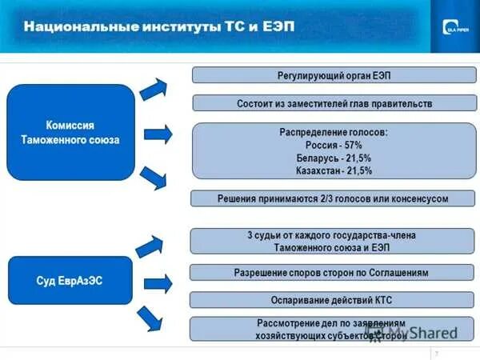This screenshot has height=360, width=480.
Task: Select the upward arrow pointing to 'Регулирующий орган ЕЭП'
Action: pyautogui.click(x=153, y=89)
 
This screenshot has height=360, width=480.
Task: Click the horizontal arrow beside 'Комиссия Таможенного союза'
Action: pyautogui.click(x=158, y=133)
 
